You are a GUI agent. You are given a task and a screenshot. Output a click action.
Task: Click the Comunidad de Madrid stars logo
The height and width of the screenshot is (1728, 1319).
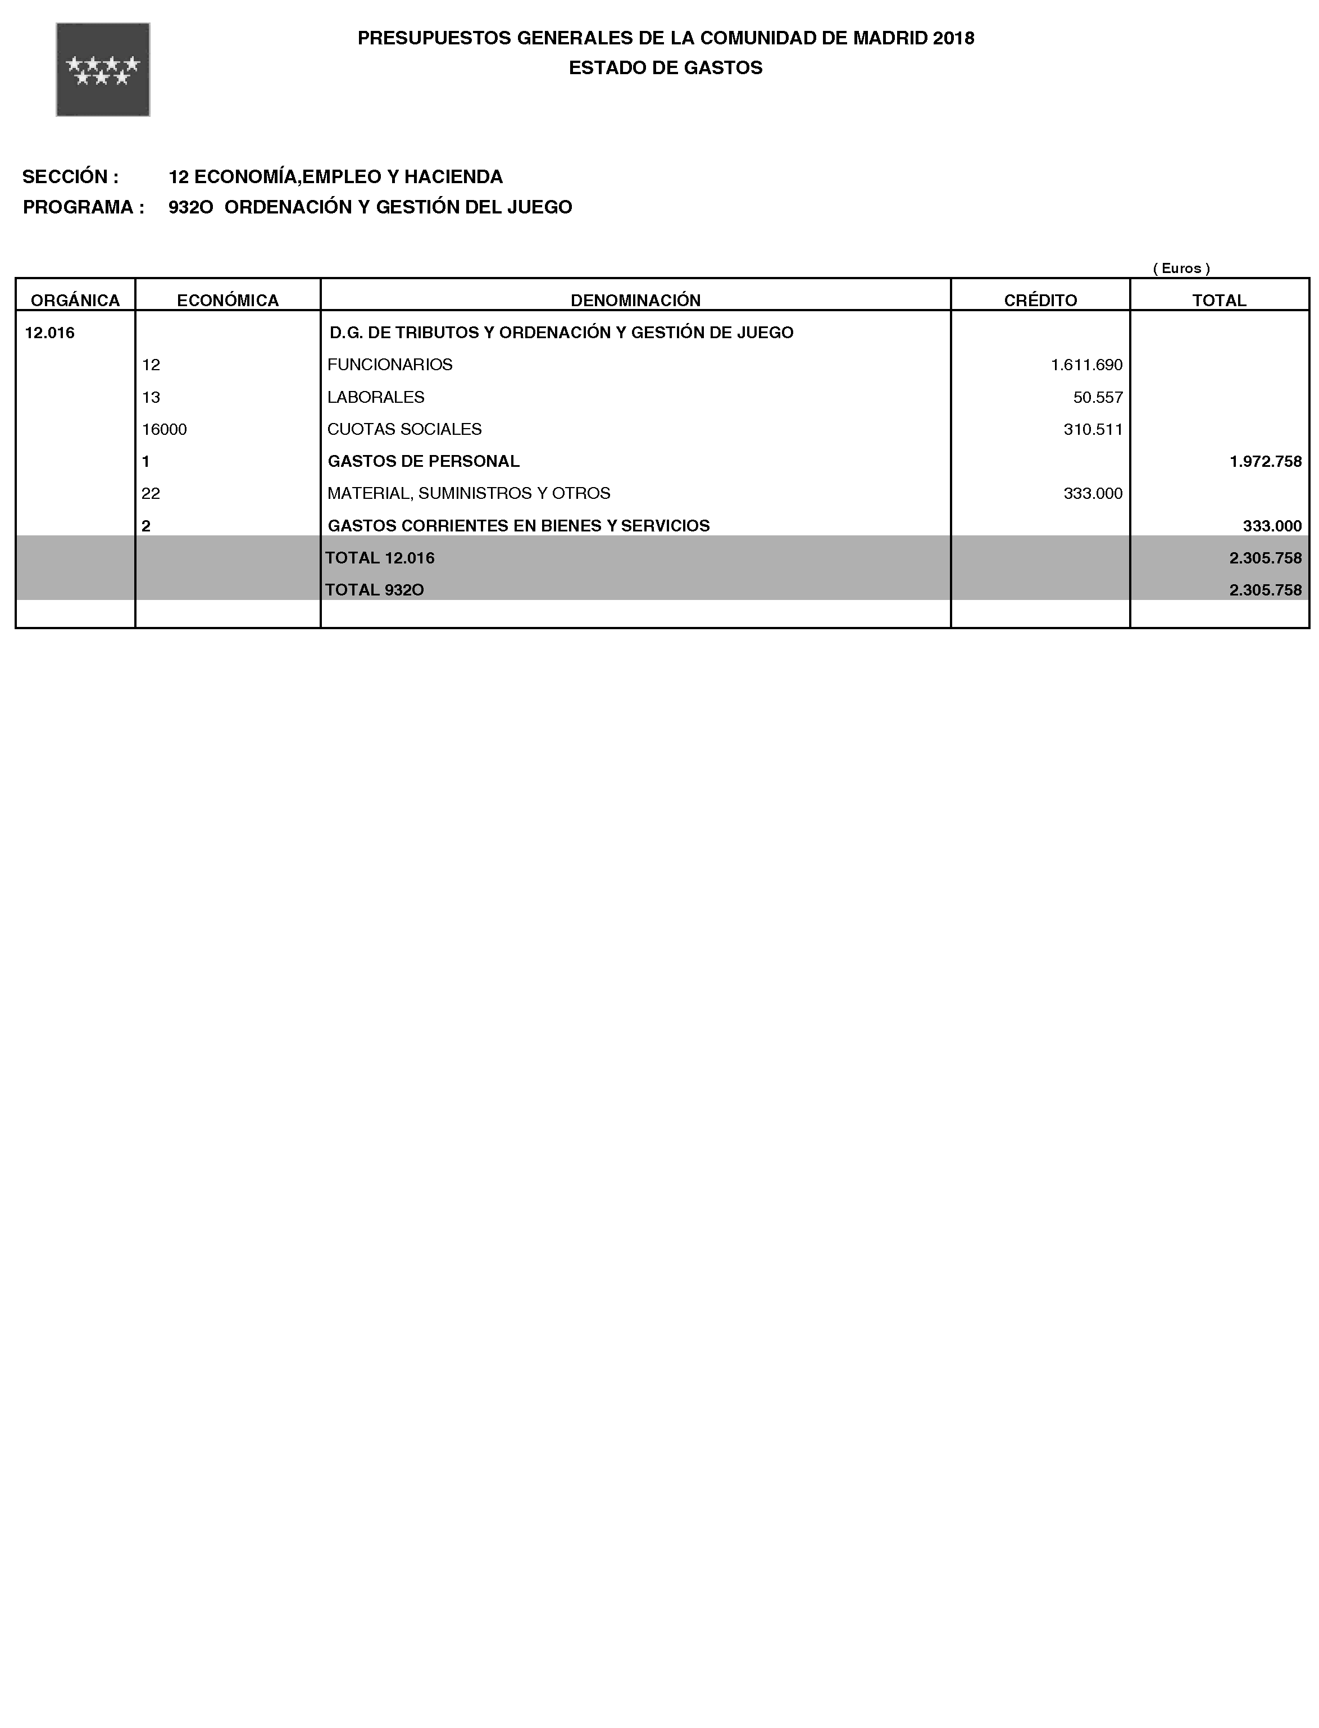pos(103,70)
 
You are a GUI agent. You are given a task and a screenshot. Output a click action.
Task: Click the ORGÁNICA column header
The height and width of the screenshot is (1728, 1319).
pos(75,300)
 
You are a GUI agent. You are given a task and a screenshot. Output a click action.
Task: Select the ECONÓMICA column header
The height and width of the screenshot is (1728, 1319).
pos(228,300)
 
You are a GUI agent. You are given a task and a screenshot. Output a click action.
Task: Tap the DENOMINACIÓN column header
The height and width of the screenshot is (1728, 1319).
pos(635,300)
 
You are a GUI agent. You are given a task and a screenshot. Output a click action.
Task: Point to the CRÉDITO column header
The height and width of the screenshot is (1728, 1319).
pos(1040,300)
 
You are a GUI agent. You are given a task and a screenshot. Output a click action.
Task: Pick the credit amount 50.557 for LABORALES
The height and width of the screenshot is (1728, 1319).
pos(1098,397)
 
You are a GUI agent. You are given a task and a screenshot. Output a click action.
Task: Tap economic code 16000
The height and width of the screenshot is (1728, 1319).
pos(164,429)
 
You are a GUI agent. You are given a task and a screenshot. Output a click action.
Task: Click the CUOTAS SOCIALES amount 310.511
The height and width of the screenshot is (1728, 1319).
pos(1092,429)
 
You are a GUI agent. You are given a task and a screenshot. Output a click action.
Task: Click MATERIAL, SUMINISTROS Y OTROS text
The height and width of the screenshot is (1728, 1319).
pos(469,494)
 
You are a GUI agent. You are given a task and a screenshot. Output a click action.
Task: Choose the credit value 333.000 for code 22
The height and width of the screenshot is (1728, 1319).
pos(1092,494)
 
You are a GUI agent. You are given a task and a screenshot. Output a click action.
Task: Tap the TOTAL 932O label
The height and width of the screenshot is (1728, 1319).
pos(375,590)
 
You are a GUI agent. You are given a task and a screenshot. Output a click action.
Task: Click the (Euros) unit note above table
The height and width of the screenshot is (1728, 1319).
pos(1181,269)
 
